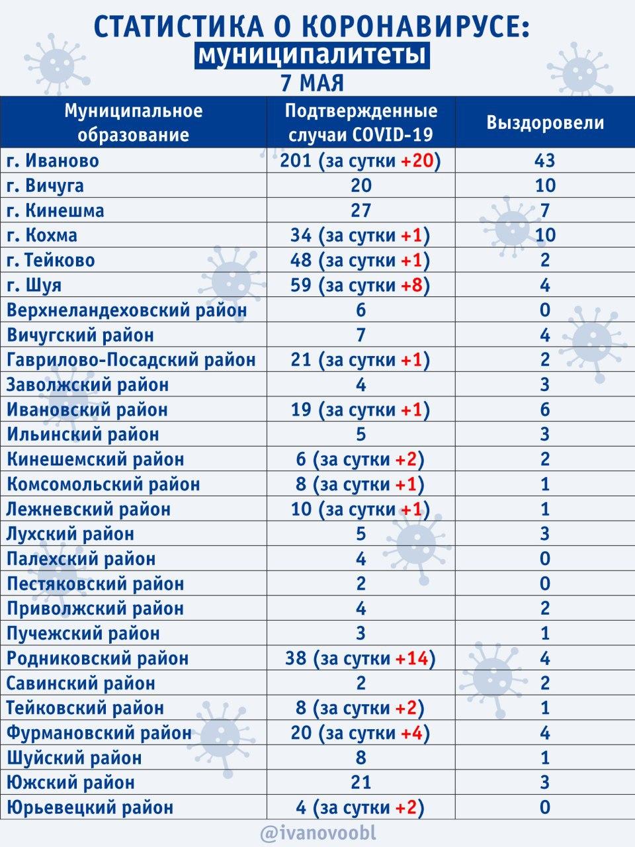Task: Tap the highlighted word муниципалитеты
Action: point(311,56)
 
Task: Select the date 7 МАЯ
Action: point(312,83)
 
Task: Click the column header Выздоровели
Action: point(545,122)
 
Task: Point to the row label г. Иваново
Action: point(53,161)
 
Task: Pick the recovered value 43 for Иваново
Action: point(545,161)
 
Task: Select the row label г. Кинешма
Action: point(56,210)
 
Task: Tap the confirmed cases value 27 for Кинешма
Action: point(360,210)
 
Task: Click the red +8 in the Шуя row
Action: point(413,285)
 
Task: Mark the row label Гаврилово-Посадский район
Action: point(131,360)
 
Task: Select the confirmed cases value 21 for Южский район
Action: point(360,783)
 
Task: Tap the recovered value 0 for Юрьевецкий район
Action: point(545,807)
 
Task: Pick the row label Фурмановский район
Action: point(99,733)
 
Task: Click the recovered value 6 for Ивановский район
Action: point(545,410)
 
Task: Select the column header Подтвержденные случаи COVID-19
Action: point(360,122)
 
